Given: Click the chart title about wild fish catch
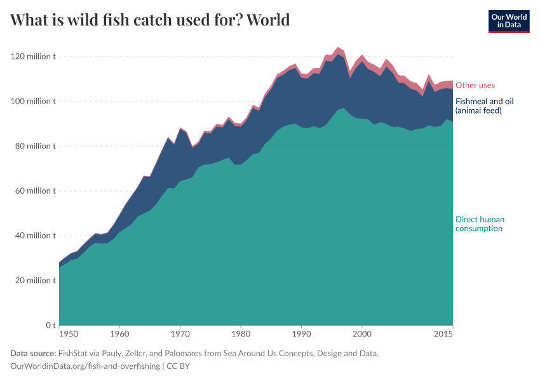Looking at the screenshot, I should (x=150, y=20).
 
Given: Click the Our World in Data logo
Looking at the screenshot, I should (x=508, y=21).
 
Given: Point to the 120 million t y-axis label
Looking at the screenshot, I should (x=33, y=57).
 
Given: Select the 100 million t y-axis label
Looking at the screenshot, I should (x=33, y=101).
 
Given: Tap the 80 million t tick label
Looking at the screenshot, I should (x=35, y=146).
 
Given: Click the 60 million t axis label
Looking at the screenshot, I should (x=35, y=190).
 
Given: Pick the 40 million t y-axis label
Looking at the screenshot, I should (x=35, y=236).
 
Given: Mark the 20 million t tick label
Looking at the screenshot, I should (x=35, y=280).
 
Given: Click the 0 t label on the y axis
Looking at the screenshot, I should (x=50, y=325).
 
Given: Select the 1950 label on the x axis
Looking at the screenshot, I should (x=69, y=333).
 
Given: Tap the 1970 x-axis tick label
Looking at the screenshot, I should (x=180, y=333).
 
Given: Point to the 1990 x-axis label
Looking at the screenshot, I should (x=301, y=333).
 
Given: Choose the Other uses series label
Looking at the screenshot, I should (x=475, y=85).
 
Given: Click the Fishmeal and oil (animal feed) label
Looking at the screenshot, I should (x=484, y=106).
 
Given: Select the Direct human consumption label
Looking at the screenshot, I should (x=480, y=224).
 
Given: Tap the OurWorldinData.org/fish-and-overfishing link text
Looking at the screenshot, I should (x=85, y=366).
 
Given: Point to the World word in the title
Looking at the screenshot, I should (x=268, y=20).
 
